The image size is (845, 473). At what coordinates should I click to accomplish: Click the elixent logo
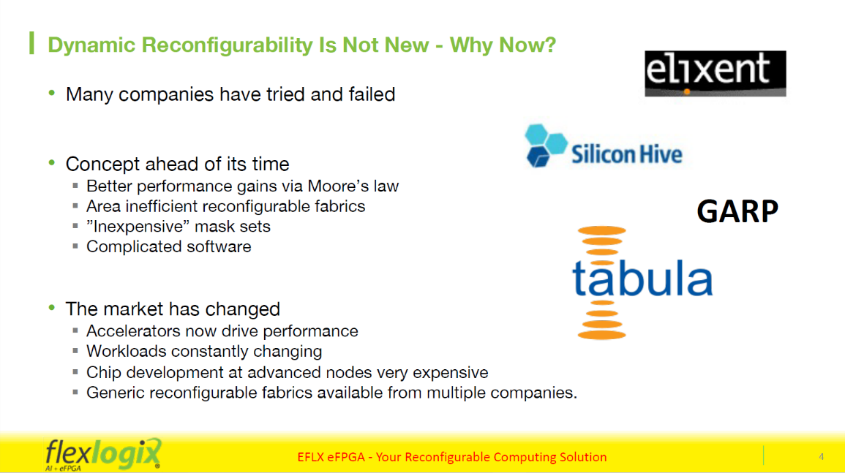[x=715, y=74]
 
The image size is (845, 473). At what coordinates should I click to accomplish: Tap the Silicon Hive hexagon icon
[x=546, y=145]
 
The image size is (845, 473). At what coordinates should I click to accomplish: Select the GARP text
[x=737, y=211]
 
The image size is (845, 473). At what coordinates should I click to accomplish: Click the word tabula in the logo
[x=642, y=278]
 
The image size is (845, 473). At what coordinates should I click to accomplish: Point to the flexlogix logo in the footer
[x=103, y=454]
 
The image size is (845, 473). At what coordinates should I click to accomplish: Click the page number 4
[x=822, y=456]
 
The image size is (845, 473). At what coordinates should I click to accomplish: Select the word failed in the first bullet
[x=372, y=94]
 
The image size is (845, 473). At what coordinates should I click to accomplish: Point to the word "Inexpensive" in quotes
[x=138, y=227]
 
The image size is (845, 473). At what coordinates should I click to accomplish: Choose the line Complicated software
[x=169, y=247]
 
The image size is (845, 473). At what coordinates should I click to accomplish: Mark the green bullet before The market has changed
[x=52, y=309]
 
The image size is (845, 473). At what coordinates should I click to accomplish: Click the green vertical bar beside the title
[x=31, y=43]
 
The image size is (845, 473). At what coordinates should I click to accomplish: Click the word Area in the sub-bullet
[x=103, y=206]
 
